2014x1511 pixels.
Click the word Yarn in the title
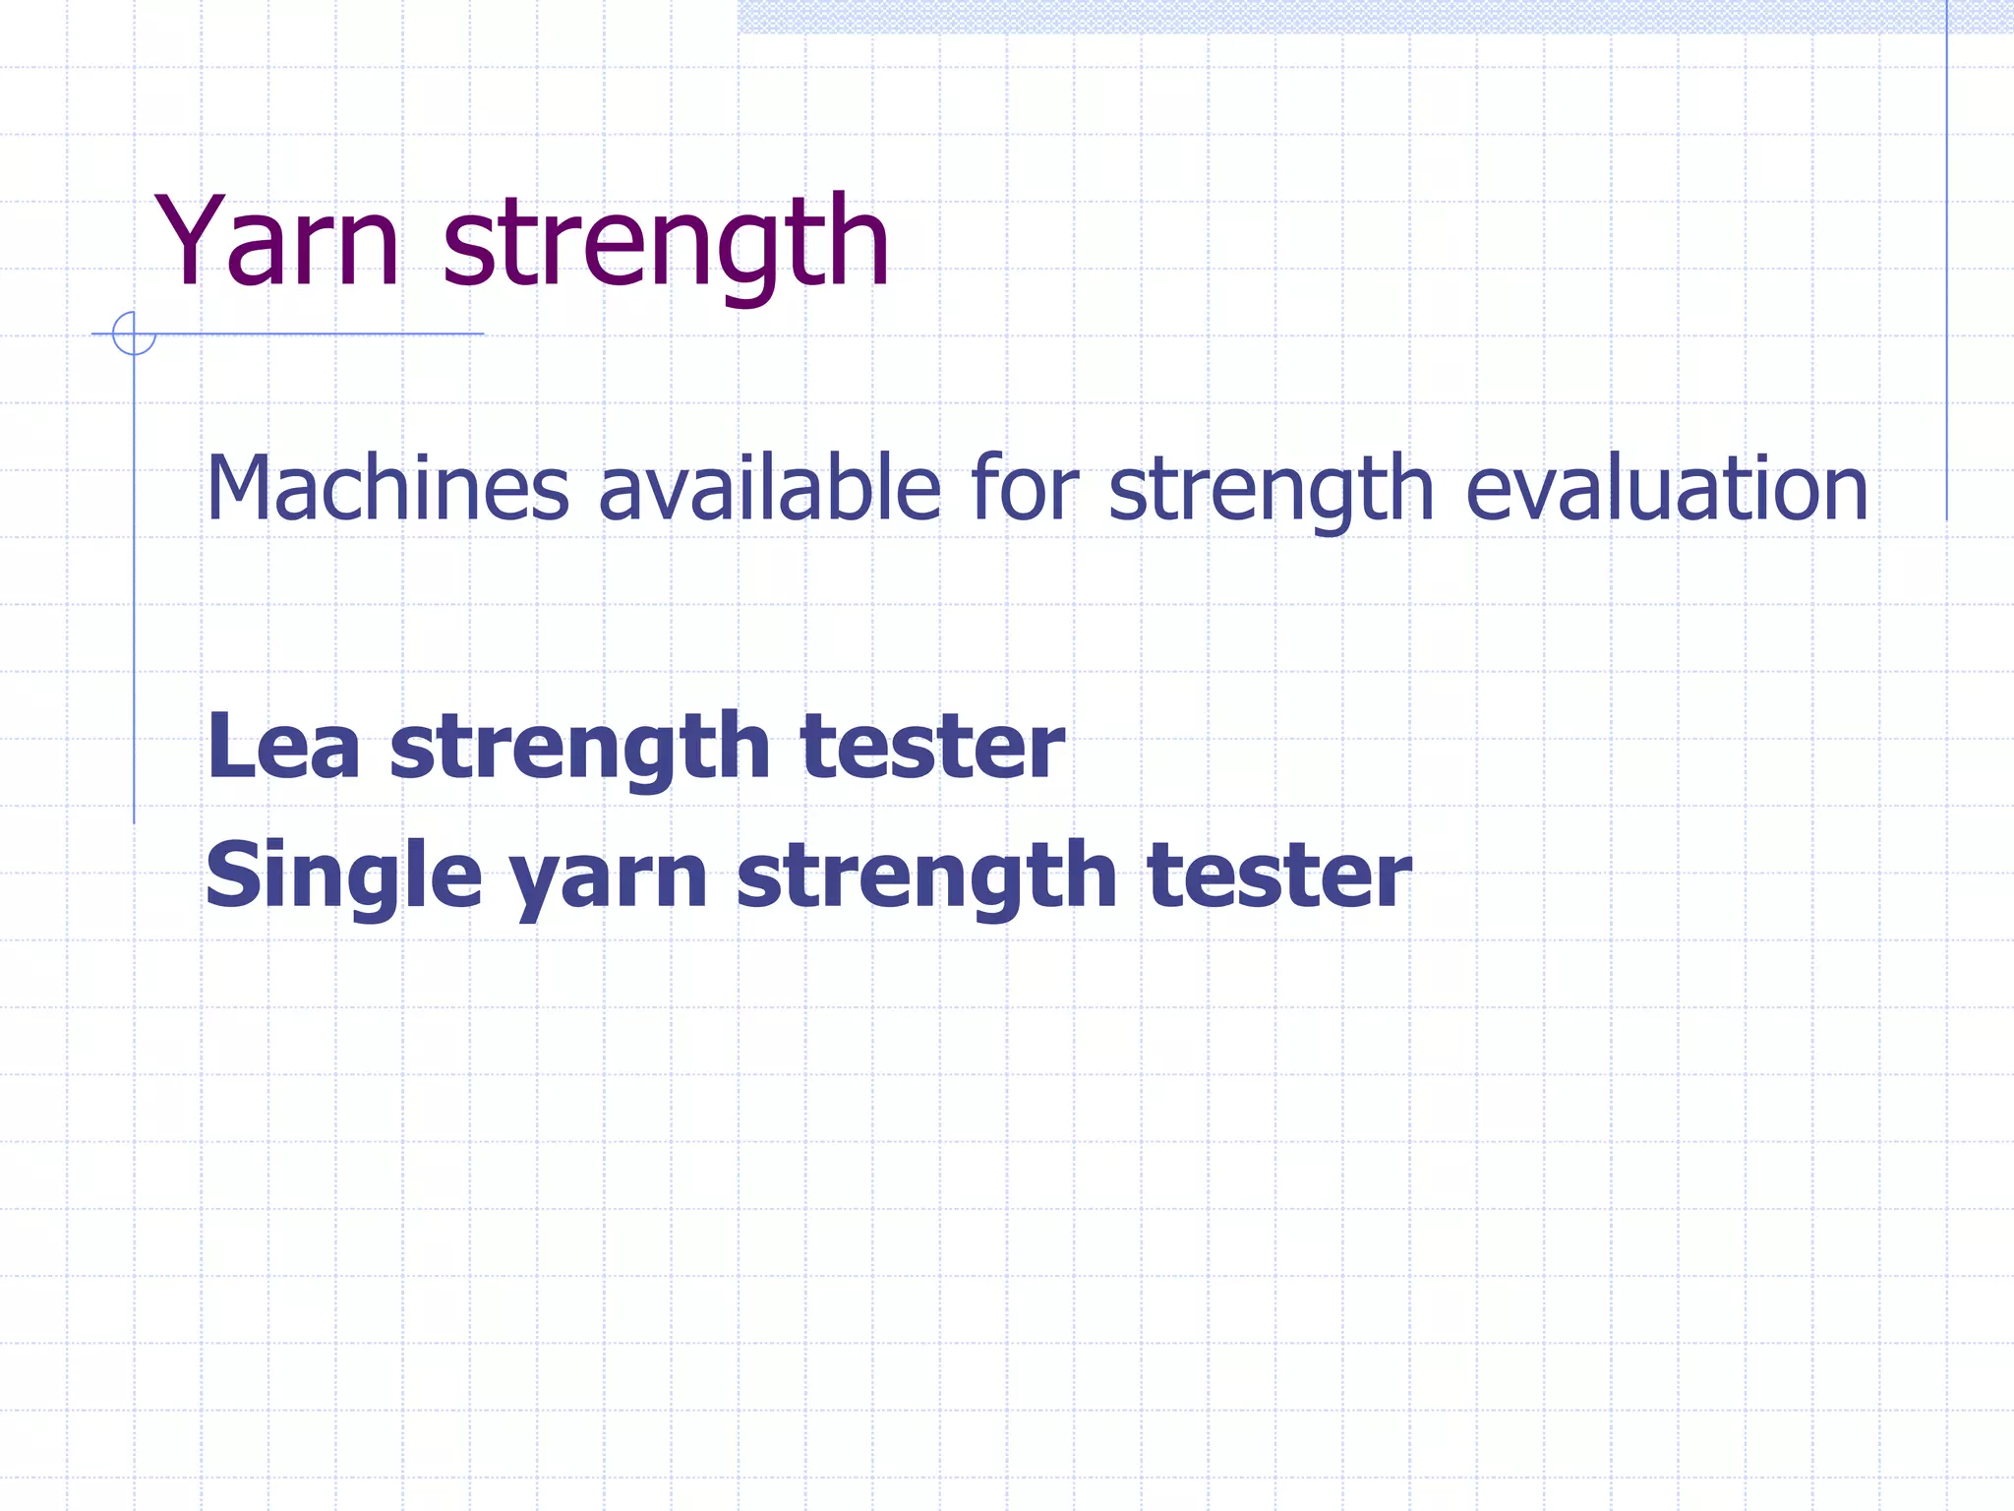click(x=276, y=241)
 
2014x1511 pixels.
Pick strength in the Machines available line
click(x=1271, y=489)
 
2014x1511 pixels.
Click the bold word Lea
click(x=283, y=746)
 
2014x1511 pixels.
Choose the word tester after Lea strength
click(x=932, y=746)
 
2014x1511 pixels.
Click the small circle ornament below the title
click(x=134, y=333)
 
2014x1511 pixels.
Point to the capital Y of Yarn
click(x=191, y=241)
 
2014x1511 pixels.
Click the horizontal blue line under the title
click(x=325, y=333)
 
